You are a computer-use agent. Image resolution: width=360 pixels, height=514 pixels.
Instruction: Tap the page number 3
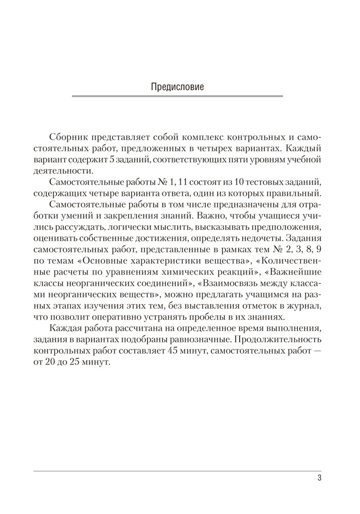point(319,479)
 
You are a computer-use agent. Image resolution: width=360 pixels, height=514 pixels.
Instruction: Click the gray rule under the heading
point(177,96)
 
